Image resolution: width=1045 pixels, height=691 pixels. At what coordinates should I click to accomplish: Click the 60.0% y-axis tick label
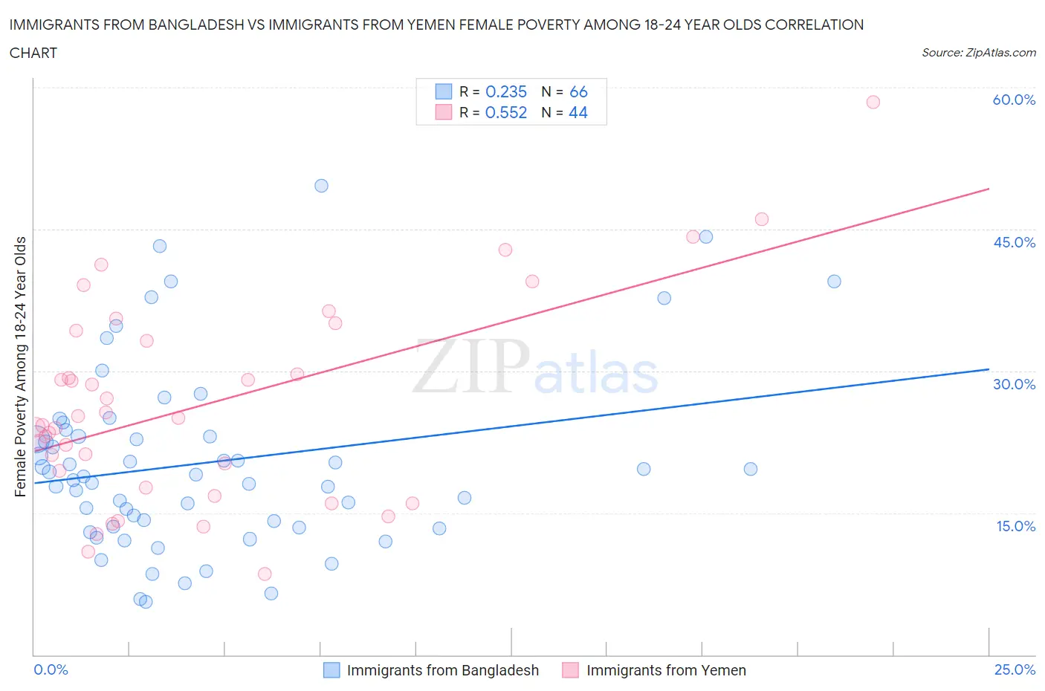pyautogui.click(x=1014, y=100)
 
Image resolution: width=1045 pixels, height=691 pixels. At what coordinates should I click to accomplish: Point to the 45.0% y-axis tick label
pyautogui.click(x=1014, y=242)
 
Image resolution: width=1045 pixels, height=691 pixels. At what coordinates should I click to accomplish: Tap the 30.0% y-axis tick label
pyautogui.click(x=1014, y=384)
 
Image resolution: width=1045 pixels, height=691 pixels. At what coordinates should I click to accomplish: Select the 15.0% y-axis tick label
pyautogui.click(x=1014, y=526)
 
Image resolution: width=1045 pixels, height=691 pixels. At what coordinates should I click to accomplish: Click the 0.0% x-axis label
pyautogui.click(x=51, y=669)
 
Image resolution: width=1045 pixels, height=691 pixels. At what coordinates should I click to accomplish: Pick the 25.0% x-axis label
pyautogui.click(x=1015, y=669)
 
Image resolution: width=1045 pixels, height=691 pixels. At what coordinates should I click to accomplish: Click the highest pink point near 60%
pyautogui.click(x=873, y=102)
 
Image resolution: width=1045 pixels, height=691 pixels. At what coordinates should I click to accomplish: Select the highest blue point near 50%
pyautogui.click(x=321, y=186)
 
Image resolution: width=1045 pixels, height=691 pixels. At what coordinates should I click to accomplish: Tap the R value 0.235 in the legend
pyautogui.click(x=505, y=91)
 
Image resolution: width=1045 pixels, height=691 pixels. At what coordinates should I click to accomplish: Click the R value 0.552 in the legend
pyautogui.click(x=505, y=112)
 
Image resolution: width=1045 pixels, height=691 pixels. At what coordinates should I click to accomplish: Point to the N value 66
pyautogui.click(x=578, y=91)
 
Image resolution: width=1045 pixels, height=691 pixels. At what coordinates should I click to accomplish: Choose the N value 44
pyautogui.click(x=578, y=112)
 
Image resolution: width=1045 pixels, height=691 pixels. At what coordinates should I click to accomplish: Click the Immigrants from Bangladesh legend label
pyautogui.click(x=442, y=670)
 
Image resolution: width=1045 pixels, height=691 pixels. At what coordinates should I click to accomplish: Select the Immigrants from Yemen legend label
pyautogui.click(x=666, y=670)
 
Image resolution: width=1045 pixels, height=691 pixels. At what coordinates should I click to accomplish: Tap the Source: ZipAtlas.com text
pyautogui.click(x=978, y=53)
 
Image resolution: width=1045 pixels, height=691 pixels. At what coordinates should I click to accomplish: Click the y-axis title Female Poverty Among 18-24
pyautogui.click(x=20, y=366)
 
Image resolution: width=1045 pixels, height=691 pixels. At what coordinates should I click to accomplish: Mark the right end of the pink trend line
pyautogui.click(x=989, y=189)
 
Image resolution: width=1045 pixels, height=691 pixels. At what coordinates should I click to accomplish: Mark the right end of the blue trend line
pyautogui.click(x=989, y=369)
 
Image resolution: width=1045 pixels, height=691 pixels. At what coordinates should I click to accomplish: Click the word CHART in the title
pyautogui.click(x=33, y=53)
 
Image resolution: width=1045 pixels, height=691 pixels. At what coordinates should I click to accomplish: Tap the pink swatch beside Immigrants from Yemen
pyautogui.click(x=570, y=670)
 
